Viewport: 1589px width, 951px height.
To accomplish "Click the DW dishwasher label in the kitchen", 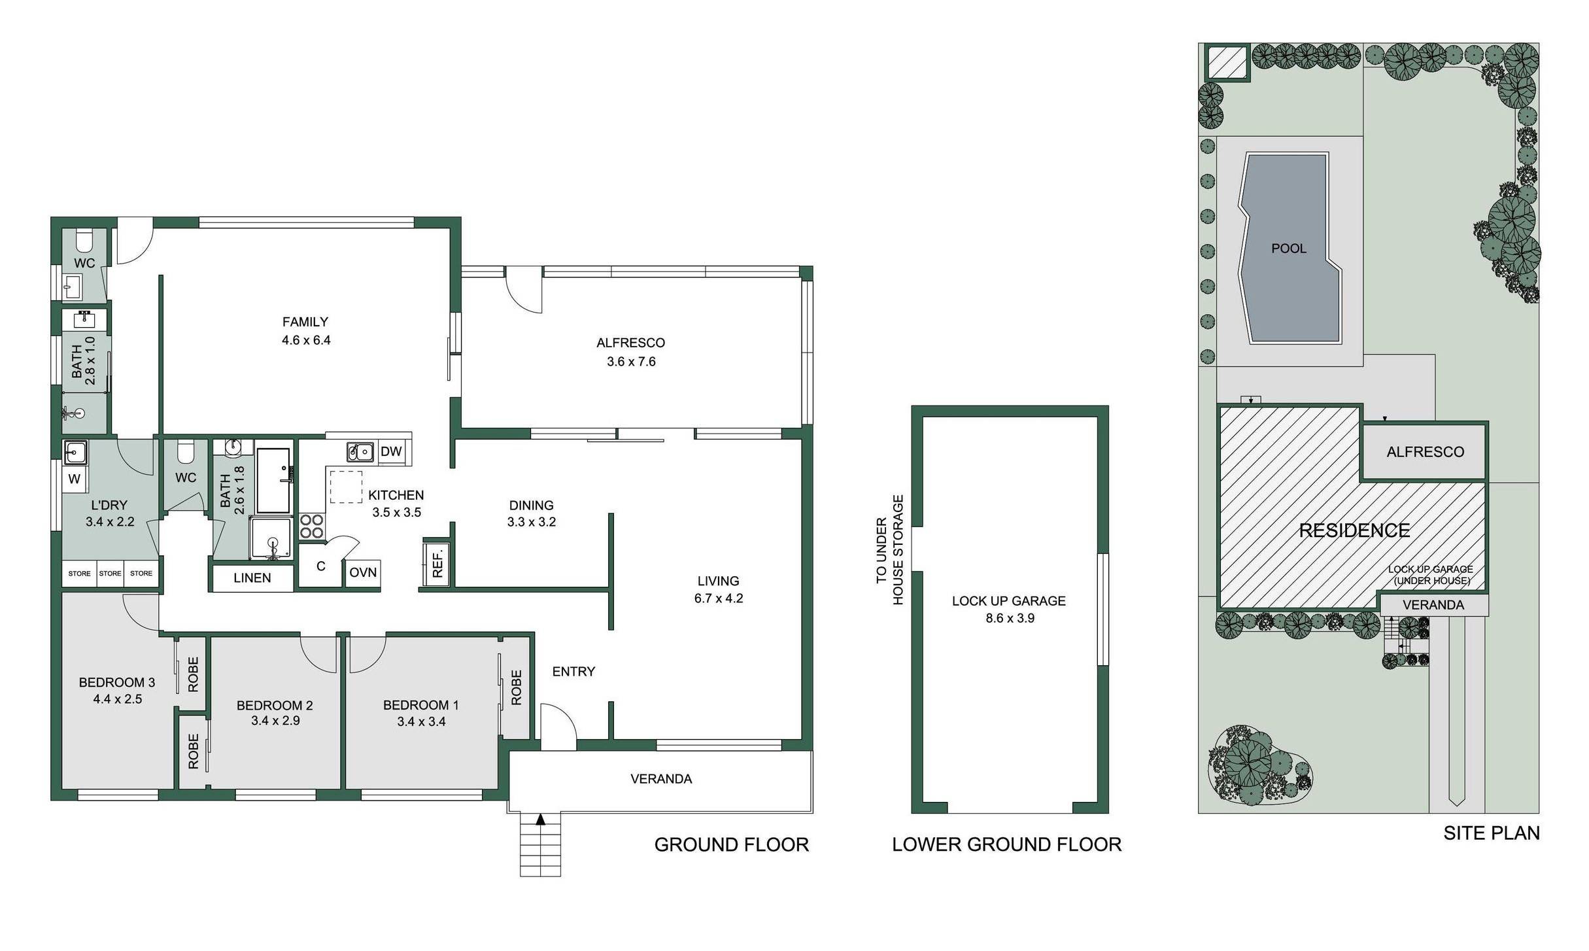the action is (x=391, y=451).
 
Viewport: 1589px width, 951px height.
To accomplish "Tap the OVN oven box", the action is (x=363, y=573).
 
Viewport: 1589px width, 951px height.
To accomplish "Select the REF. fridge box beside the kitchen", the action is (x=437, y=562).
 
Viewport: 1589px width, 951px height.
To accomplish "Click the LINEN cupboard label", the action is (x=252, y=578).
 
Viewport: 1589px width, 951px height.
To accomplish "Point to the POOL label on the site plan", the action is (x=1289, y=249).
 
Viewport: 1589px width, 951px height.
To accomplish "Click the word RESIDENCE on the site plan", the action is (x=1354, y=530).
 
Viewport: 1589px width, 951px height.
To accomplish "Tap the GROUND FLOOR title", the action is (x=732, y=845).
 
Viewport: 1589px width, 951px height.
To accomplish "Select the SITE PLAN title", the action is (x=1492, y=833).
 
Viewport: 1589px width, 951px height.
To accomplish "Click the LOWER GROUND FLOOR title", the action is (x=1007, y=845).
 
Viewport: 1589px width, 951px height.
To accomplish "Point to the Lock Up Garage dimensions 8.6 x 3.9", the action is (x=1010, y=618).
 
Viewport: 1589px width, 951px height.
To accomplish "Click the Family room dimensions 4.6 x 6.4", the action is (x=306, y=340).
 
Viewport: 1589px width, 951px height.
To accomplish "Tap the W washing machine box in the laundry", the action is (x=75, y=479).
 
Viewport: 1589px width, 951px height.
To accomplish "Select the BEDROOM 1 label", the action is (x=421, y=705).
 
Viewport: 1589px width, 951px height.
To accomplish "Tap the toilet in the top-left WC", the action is (x=85, y=241).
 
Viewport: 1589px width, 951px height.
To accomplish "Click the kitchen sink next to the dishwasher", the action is (x=360, y=451).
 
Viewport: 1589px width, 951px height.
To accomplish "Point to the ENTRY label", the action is (x=573, y=672).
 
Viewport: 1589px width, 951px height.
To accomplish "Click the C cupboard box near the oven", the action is (x=321, y=566).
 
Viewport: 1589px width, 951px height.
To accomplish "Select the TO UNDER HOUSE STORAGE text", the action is (x=889, y=549).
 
